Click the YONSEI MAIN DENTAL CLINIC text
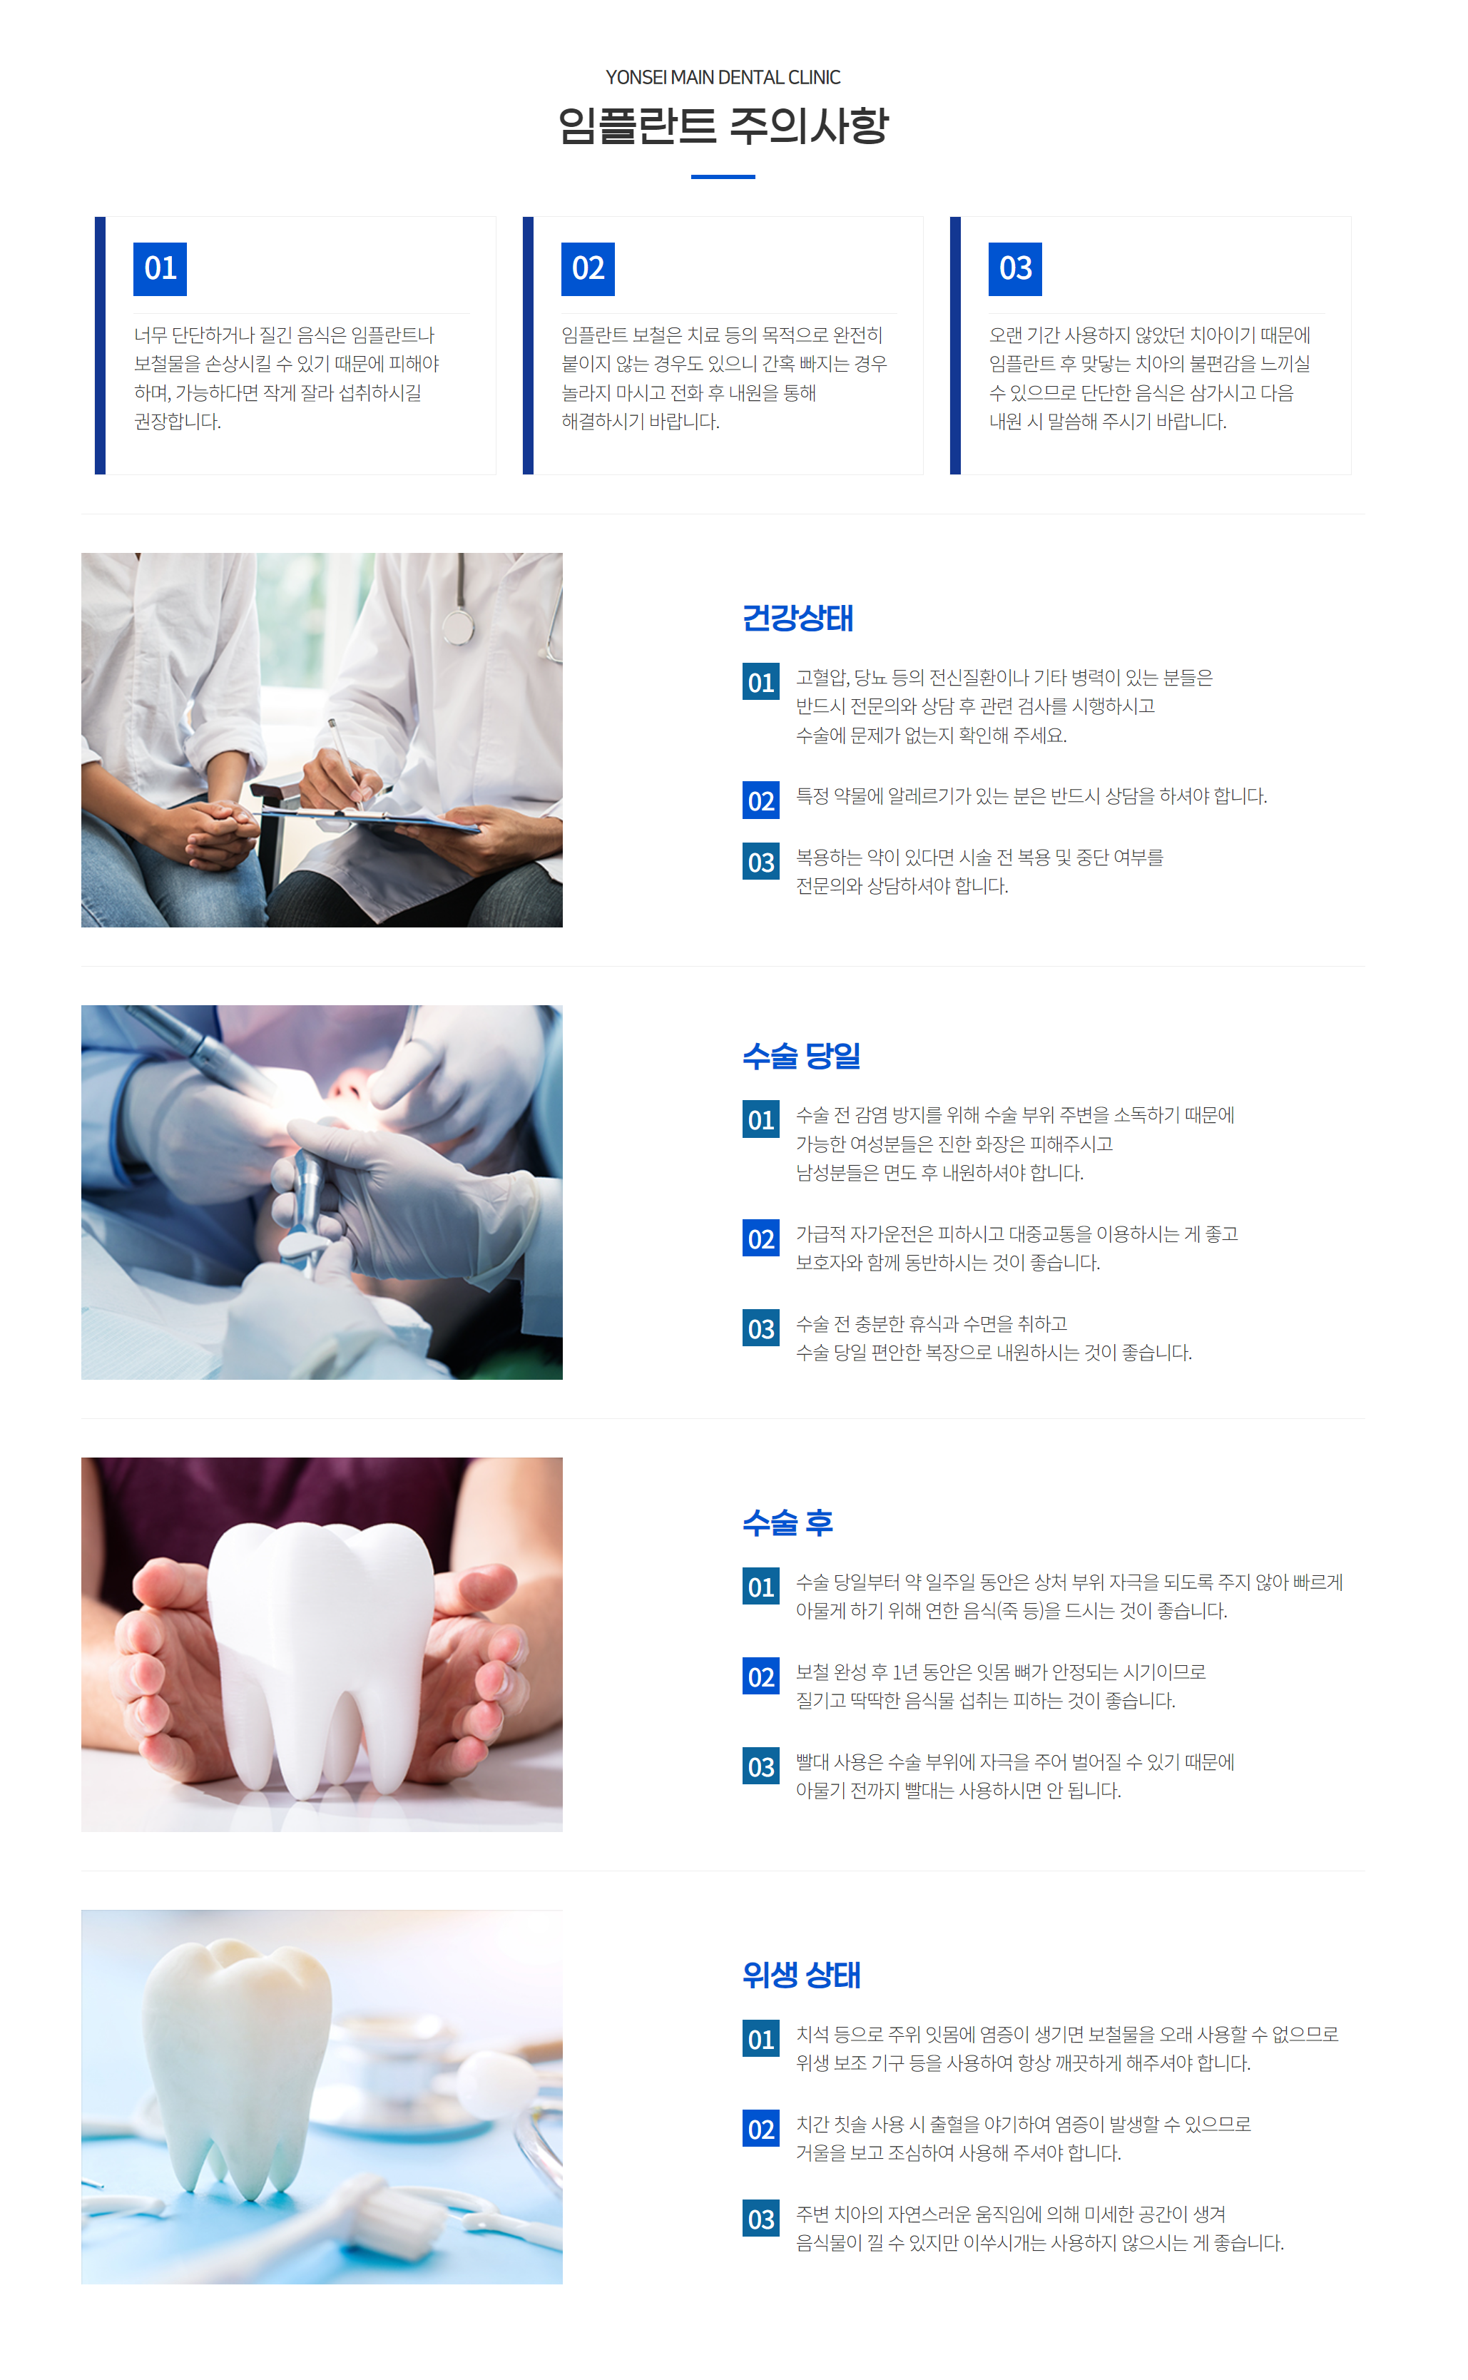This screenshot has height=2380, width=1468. pyautogui.click(x=723, y=78)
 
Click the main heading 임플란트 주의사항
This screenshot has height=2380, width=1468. pyautogui.click(x=723, y=126)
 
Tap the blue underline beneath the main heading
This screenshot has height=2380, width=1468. pyautogui.click(x=723, y=177)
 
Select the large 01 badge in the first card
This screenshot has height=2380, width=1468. pyautogui.click(x=160, y=269)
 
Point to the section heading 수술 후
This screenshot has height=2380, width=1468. pyautogui.click(x=787, y=1522)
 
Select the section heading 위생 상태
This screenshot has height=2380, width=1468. pyautogui.click(x=801, y=1975)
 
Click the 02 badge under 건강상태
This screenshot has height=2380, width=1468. pyautogui.click(x=760, y=801)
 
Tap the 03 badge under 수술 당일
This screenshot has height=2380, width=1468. pyautogui.click(x=760, y=1328)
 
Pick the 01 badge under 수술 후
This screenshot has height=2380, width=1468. pyautogui.click(x=760, y=1587)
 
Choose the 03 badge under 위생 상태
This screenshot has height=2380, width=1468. pyautogui.click(x=760, y=2219)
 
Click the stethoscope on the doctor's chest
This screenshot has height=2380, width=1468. pyautogui.click(x=458, y=621)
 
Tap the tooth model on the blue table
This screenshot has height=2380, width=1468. pyautogui.click(x=238, y=2058)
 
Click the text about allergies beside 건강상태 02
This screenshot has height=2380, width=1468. pyautogui.click(x=1031, y=796)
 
